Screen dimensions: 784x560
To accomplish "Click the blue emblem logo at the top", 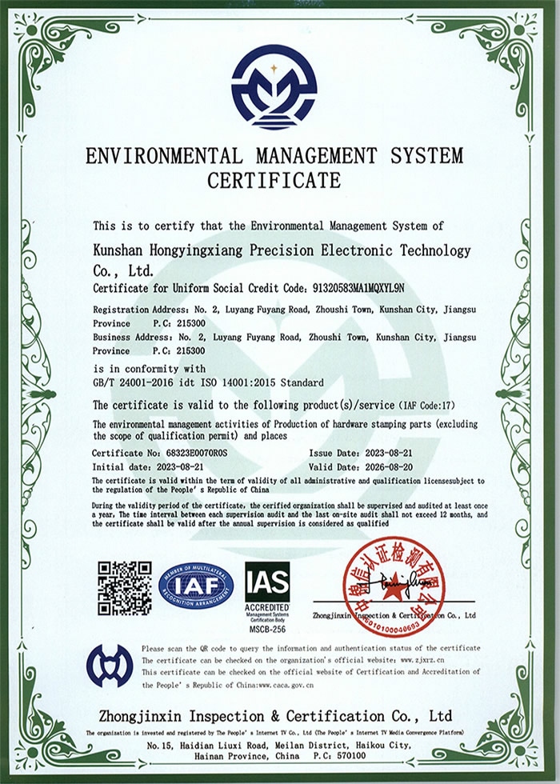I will point(274,87).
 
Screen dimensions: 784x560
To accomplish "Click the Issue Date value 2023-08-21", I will point(390,454).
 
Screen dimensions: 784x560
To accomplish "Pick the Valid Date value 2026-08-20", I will point(390,467).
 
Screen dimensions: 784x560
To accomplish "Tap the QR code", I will point(124,588).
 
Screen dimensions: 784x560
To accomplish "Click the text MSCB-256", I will point(267,630).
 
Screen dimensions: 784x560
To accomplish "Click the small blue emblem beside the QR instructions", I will point(110,665).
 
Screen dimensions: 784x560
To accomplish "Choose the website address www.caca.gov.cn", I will point(286,686).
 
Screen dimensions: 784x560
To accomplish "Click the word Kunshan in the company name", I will point(119,251).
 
